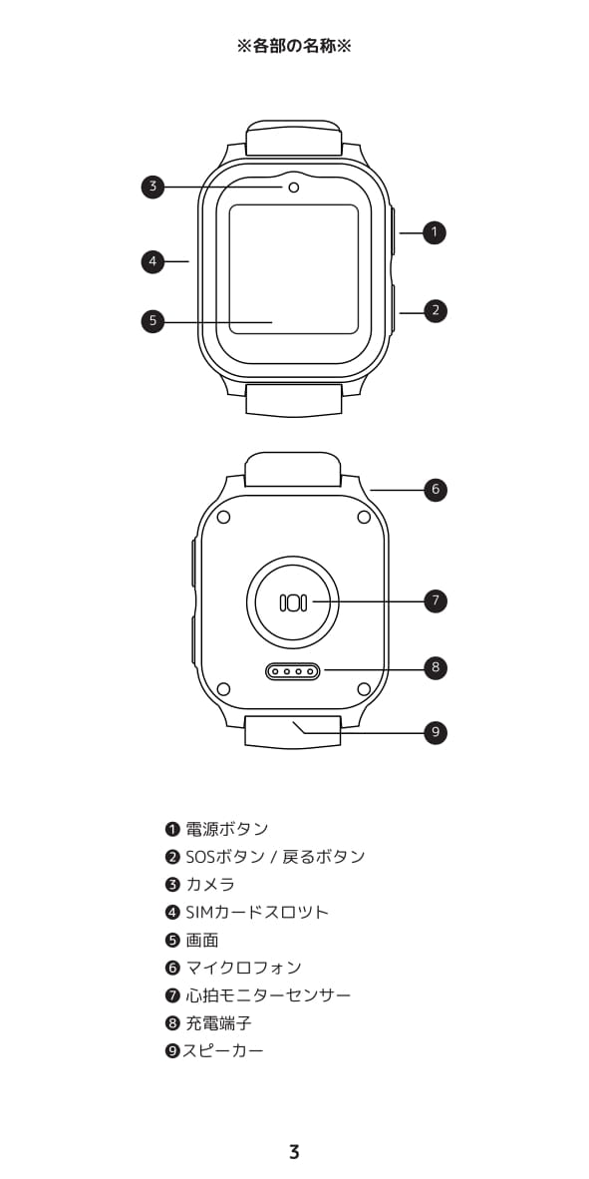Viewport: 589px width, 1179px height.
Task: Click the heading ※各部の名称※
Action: pyautogui.click(x=294, y=47)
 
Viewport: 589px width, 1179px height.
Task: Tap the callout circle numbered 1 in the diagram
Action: pyautogui.click(x=435, y=233)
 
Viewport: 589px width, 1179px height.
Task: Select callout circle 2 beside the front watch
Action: pyautogui.click(x=435, y=310)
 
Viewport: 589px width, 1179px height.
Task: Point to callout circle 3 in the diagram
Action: pyautogui.click(x=152, y=187)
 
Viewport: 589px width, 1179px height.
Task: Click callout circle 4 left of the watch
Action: pyautogui.click(x=152, y=261)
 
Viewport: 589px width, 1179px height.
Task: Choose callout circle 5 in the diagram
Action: pyautogui.click(x=152, y=321)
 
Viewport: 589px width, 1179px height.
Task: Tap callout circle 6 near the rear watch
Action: pyautogui.click(x=435, y=490)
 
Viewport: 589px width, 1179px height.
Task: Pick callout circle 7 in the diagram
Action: pyautogui.click(x=435, y=600)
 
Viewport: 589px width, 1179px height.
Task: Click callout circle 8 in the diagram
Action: pyautogui.click(x=435, y=667)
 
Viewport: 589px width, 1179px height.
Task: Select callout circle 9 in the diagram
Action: pyautogui.click(x=435, y=731)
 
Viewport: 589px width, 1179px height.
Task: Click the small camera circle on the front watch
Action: pyautogui.click(x=293, y=187)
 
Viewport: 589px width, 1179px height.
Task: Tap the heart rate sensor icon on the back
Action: pyautogui.click(x=293, y=601)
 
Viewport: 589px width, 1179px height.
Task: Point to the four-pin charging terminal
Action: pyautogui.click(x=293, y=670)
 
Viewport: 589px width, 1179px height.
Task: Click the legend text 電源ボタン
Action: pyautogui.click(x=227, y=829)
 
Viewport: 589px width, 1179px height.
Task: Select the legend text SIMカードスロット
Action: pyautogui.click(x=257, y=912)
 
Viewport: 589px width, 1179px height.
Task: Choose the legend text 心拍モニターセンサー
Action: pyautogui.click(x=268, y=995)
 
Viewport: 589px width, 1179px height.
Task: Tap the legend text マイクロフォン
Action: pyautogui.click(x=243, y=968)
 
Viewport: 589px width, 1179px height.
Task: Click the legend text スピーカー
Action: pyautogui.click(x=223, y=1050)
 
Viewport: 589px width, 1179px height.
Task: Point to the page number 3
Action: pyautogui.click(x=294, y=1151)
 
